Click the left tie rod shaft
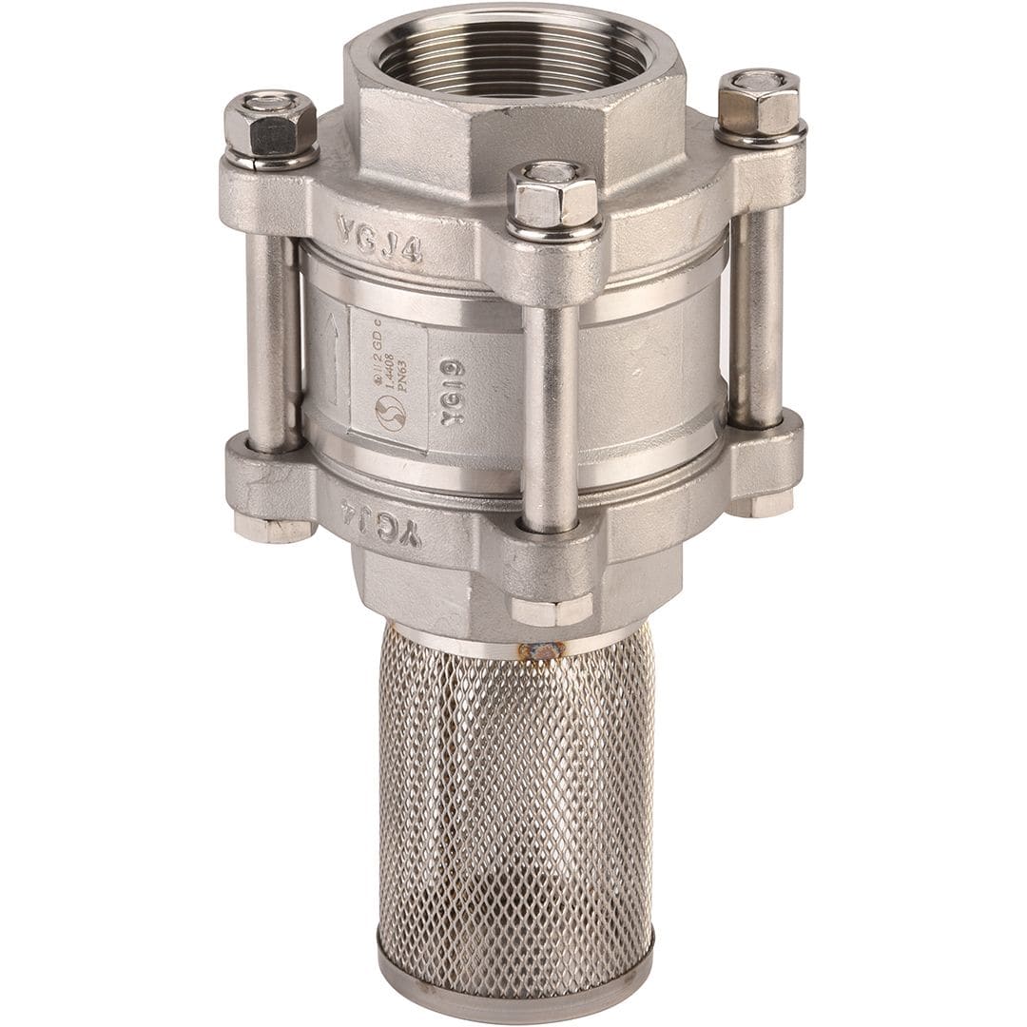[x=273, y=342]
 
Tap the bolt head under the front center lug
[x=552, y=610]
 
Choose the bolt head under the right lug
[x=760, y=504]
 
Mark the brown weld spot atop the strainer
[x=540, y=650]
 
